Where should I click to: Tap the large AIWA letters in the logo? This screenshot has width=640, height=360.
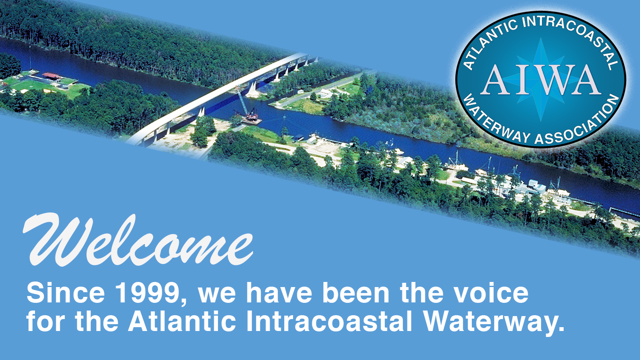(x=541, y=81)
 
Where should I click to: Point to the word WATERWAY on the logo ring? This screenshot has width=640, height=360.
(x=495, y=122)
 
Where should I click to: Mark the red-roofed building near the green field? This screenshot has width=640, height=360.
(x=51, y=76)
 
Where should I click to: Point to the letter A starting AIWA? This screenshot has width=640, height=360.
(x=495, y=81)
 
